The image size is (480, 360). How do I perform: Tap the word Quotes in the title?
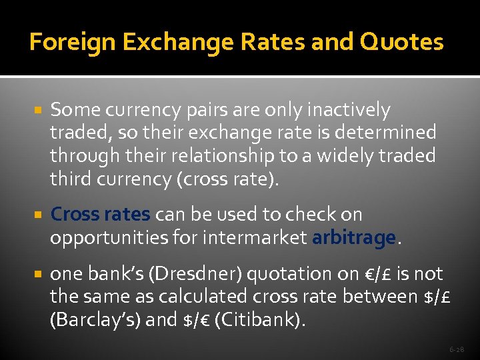point(401,43)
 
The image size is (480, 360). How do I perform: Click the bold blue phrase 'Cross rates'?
point(101,215)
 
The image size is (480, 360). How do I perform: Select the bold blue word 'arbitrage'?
point(353,238)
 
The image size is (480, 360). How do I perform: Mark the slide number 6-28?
point(456,349)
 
